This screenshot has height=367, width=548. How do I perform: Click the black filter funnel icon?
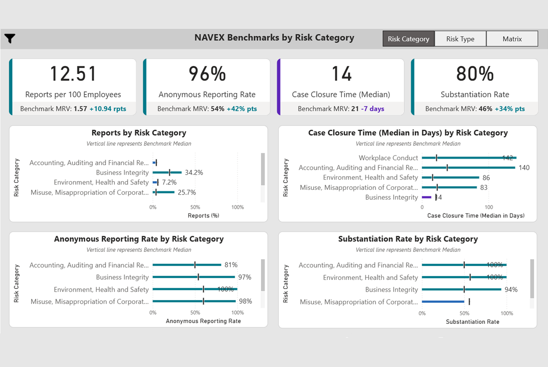[10, 39]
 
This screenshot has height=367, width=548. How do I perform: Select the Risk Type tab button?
[460, 39]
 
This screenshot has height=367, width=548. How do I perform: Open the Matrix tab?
[512, 39]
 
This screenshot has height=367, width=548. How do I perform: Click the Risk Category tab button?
[408, 39]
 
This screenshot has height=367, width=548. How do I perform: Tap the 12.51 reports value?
[73, 74]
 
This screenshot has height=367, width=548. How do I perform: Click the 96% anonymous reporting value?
[207, 74]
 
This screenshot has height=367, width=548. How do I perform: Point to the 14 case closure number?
[341, 74]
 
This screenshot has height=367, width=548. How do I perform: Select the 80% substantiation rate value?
[475, 74]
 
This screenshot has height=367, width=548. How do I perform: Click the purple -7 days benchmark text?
[373, 109]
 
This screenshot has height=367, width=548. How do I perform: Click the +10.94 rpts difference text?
[108, 109]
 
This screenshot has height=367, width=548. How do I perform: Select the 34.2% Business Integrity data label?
[194, 173]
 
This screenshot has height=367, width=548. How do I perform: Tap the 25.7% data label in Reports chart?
[187, 193]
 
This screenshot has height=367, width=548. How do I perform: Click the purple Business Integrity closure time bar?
[427, 197]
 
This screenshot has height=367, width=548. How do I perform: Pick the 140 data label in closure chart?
[524, 168]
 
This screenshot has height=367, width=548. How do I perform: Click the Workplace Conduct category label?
[388, 158]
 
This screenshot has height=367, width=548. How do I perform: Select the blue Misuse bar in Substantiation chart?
[443, 302]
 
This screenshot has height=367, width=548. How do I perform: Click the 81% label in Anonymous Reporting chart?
[231, 265]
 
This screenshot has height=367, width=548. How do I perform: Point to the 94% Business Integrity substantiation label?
[511, 290]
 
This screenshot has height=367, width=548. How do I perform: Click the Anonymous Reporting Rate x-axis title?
[203, 321]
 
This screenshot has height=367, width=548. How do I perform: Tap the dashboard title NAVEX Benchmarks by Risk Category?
[274, 38]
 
